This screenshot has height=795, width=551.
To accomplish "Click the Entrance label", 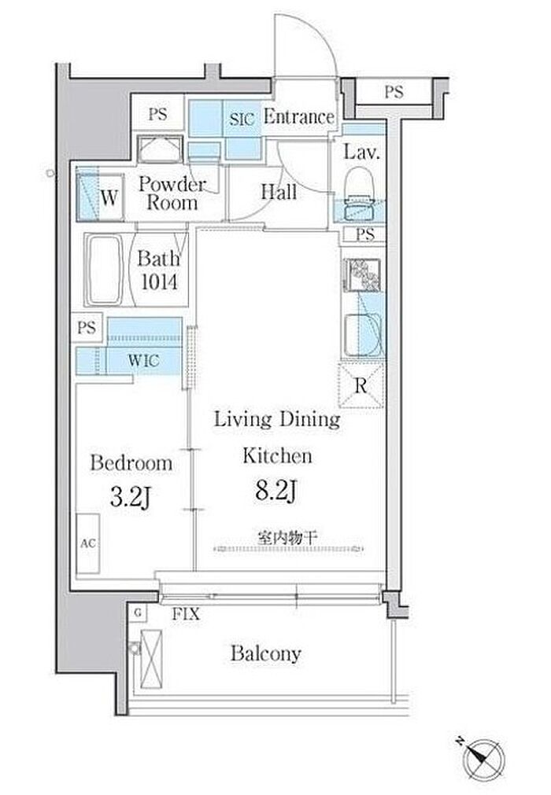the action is coord(299,117).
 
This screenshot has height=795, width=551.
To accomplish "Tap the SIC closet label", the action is coord(242,120).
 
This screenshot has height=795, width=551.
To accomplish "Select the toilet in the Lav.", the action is coord(359,194).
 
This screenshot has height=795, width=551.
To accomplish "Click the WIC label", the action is coord(143,361).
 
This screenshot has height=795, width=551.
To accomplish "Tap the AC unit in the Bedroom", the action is coord(88,543).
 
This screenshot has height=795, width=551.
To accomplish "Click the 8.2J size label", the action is coord(276,491).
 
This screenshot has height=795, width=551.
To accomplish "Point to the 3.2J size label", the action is coord(131,498).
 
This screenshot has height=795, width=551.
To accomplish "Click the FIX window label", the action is coord(186,614).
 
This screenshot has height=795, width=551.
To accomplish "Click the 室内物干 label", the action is coord(287,538).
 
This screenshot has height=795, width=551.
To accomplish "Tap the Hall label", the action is coord(279,192).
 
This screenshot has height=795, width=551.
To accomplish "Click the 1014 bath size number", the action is coord(159,282).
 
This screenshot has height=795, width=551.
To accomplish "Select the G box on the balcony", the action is coord(137,613).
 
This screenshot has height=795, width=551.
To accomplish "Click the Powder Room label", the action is coord(172,193).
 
